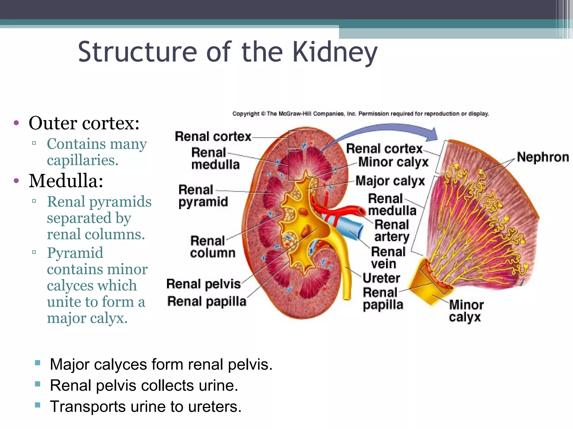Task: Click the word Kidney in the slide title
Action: click(x=335, y=52)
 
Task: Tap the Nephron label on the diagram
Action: click(x=543, y=157)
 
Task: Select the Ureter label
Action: click(x=381, y=278)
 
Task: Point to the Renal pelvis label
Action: click(x=203, y=284)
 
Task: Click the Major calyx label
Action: click(x=390, y=181)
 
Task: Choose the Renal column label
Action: click(x=212, y=247)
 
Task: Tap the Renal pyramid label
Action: click(x=203, y=196)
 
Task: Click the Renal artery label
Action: click(x=392, y=230)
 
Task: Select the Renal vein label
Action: click(x=388, y=258)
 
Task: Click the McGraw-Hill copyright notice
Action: click(x=360, y=114)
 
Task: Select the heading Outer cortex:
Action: click(x=84, y=123)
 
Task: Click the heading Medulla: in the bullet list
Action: click(x=66, y=181)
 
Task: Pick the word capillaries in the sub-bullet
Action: click(x=83, y=160)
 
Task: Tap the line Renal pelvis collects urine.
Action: click(x=144, y=385)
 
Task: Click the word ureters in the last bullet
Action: click(x=214, y=406)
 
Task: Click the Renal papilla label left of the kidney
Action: click(x=207, y=302)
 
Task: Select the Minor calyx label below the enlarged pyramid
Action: click(x=466, y=311)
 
